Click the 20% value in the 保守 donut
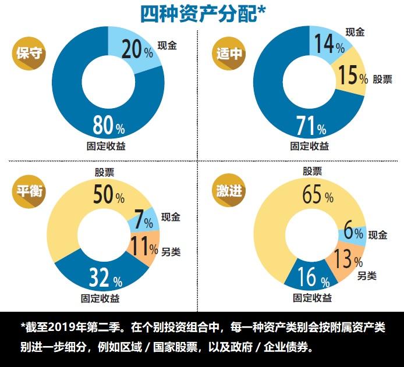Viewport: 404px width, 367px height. tap(137, 51)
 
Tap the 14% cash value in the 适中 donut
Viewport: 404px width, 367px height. tap(329, 45)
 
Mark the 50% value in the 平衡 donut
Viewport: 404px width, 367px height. tap(109, 195)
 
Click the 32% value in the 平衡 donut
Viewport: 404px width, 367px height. tap(105, 279)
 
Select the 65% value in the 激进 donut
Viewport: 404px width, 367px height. tap(317, 195)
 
